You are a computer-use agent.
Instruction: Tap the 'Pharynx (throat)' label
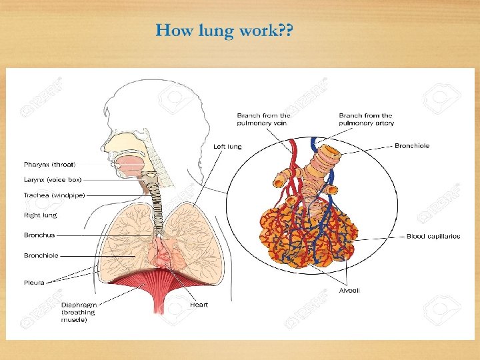click(49, 164)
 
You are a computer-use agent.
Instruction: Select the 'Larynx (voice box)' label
click(52, 179)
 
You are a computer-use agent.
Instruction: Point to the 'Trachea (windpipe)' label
click(54, 195)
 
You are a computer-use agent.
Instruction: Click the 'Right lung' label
click(40, 215)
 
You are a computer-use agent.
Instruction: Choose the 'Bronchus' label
click(39, 235)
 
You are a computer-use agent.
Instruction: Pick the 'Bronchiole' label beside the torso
click(41, 255)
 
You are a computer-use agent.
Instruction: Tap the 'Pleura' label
click(34, 283)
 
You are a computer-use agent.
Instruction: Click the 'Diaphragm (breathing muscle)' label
click(77, 311)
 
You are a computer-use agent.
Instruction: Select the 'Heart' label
click(199, 305)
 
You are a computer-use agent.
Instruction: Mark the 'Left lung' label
click(227, 147)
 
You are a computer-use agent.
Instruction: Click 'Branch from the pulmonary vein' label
click(263, 119)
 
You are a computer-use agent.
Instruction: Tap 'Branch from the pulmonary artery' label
click(366, 119)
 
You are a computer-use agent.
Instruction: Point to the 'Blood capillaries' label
click(433, 236)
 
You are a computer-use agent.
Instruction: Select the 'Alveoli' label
click(349, 291)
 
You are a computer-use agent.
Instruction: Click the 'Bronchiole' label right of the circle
click(412, 145)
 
